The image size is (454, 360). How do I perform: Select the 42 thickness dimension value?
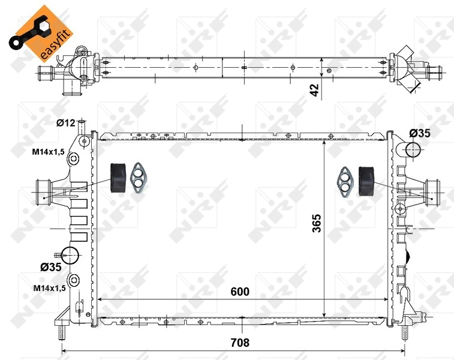(x=314, y=90)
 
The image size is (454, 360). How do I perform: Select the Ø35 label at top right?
(x=419, y=133)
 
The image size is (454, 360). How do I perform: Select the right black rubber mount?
(x=366, y=181)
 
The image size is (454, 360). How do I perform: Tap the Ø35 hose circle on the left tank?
(x=71, y=254)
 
